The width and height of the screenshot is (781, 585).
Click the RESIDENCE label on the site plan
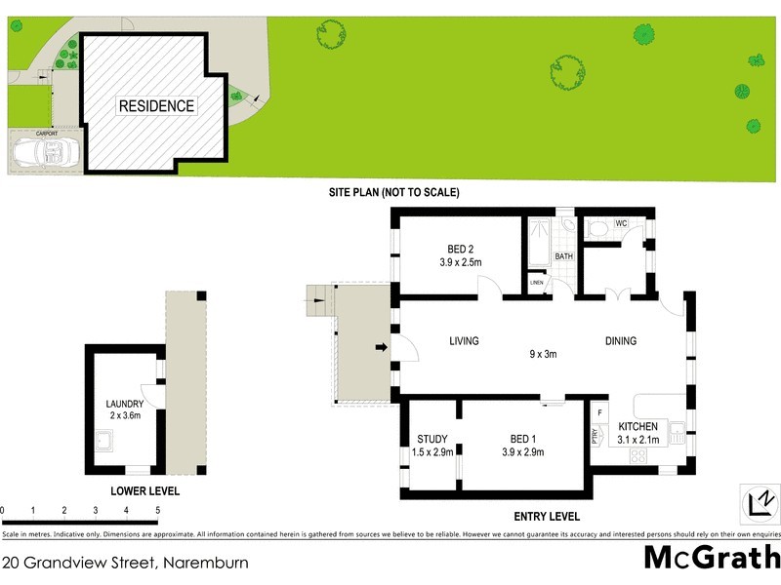point(156,106)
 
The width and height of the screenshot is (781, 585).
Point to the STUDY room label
point(432,438)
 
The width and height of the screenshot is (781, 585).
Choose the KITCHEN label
point(637,427)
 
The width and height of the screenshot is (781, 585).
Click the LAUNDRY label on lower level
point(125,404)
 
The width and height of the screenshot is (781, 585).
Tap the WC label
point(620,223)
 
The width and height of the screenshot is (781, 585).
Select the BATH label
point(563,256)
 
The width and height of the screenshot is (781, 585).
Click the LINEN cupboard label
point(537,283)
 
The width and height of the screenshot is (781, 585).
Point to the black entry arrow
point(382,344)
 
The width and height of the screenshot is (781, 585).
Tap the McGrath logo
point(711,558)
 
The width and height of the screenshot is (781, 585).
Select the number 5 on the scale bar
point(157,510)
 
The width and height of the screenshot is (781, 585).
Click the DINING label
point(620,341)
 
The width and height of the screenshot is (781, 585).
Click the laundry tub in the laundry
point(105,446)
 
